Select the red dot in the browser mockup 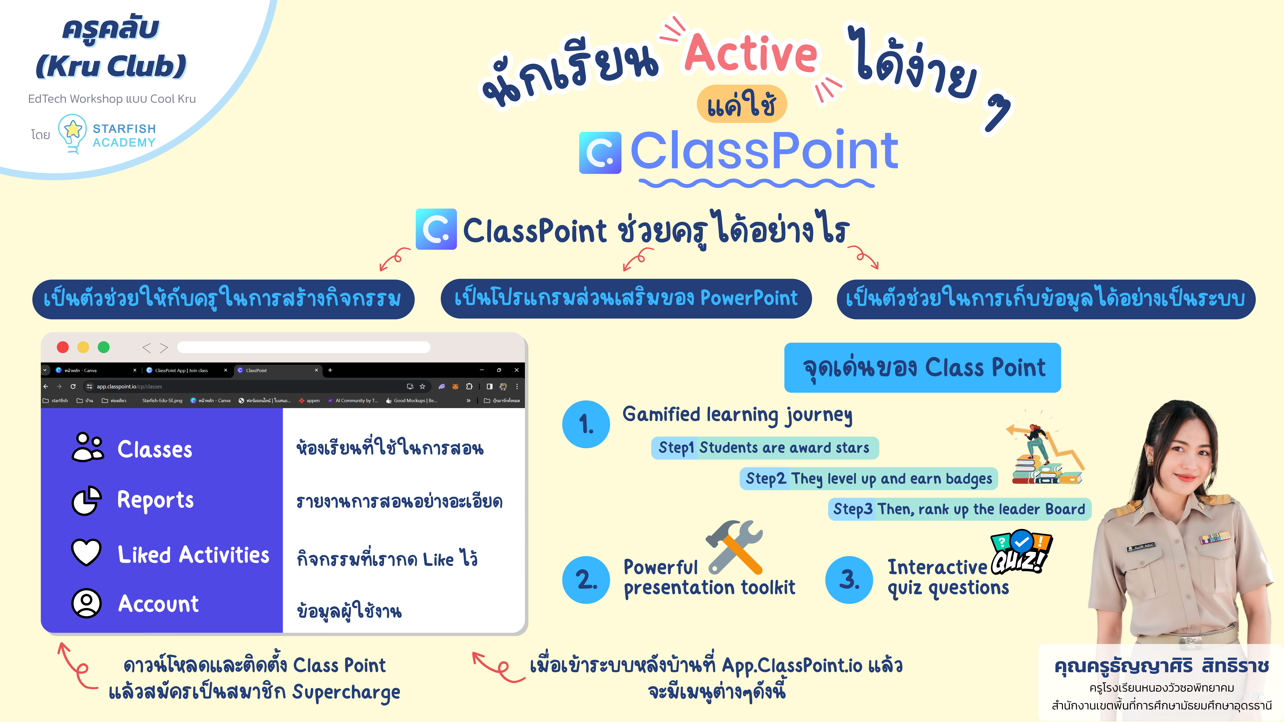(x=63, y=347)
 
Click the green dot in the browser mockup (x=104, y=347)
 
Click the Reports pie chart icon (x=87, y=500)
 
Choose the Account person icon (x=87, y=603)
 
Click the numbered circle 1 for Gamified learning (x=586, y=424)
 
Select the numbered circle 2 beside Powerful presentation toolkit (x=586, y=580)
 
